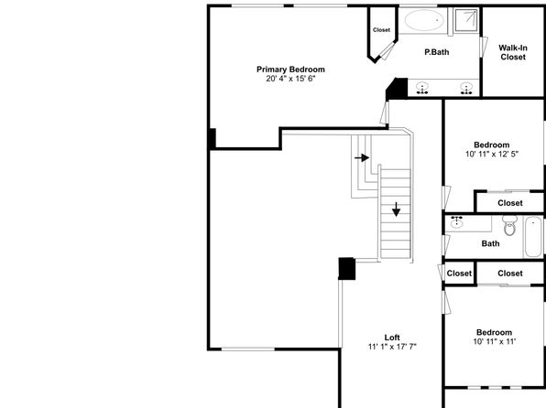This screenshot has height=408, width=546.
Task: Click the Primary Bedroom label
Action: coord(290,70)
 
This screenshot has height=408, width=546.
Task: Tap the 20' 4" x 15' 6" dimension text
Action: coord(290,79)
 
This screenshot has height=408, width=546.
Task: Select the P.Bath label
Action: coord(437,52)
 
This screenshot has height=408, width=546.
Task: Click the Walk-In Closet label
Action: coord(513,52)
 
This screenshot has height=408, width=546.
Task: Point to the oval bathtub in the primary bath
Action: coord(424,20)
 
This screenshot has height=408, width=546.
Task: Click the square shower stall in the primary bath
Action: coord(466,20)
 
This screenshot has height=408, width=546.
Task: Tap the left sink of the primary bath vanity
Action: coord(422,89)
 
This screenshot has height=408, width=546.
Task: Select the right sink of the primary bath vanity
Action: coord(466,89)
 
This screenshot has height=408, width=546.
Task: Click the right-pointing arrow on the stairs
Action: coord(362,158)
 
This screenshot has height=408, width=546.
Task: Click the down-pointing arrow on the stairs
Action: coord(397,209)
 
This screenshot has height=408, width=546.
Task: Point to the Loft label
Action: coord(392,338)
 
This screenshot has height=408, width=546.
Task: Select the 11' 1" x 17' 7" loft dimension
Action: coord(392,347)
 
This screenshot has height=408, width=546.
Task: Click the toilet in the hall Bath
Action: coord(509,225)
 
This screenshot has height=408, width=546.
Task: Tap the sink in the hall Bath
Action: coord(456,222)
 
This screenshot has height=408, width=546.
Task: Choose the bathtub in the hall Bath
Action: coord(533,237)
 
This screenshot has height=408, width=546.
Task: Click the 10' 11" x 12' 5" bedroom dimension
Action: coord(492,154)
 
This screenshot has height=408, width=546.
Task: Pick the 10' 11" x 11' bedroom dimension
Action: coord(494,341)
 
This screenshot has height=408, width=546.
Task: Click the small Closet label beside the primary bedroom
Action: coord(382,30)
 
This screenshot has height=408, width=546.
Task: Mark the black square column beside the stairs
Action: coord(347,269)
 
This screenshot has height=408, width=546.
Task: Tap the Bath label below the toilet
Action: coord(490,243)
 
